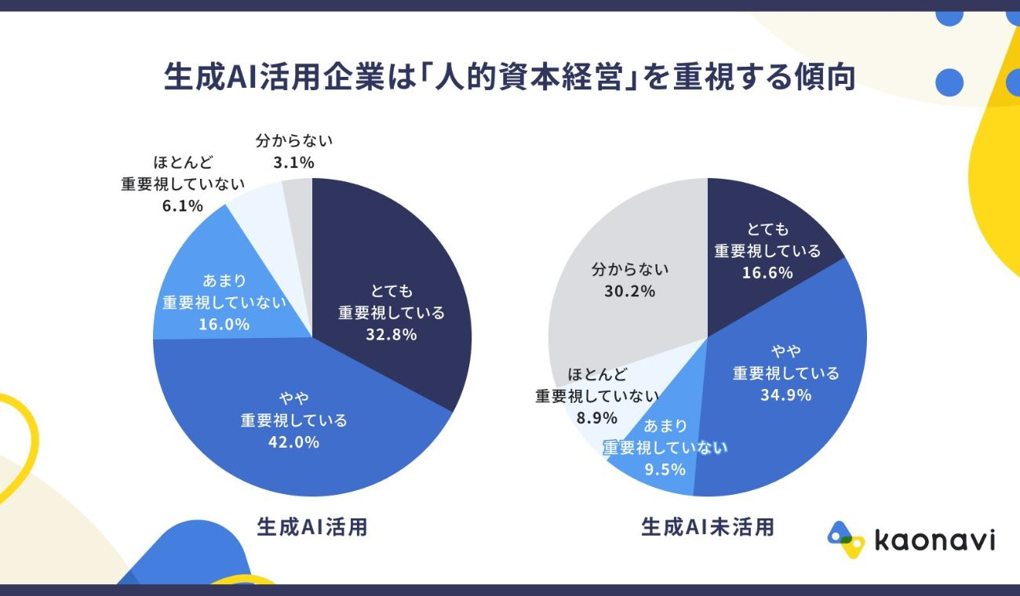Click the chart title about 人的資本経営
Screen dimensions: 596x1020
(509, 78)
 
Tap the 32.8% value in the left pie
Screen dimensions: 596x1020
(391, 334)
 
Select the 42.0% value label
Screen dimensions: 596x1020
(293, 442)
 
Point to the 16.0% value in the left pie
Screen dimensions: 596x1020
(224, 324)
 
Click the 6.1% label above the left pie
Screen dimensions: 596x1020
(183, 206)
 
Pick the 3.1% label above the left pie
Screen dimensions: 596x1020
(294, 163)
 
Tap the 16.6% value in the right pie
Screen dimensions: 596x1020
(767, 272)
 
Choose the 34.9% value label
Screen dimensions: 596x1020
(785, 394)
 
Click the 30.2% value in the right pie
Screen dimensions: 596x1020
(629, 291)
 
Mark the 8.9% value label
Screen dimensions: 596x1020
(597, 418)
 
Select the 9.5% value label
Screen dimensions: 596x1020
(665, 470)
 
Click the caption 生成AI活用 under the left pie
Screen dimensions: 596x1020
(312, 527)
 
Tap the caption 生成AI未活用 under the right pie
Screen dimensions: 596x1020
(707, 527)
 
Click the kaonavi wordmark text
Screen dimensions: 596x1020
(934, 540)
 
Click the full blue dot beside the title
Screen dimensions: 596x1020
(949, 82)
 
